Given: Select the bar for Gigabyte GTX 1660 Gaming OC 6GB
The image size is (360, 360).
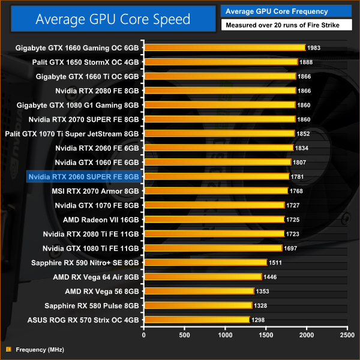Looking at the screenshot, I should coord(224,47).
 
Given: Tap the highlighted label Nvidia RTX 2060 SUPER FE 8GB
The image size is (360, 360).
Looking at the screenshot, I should coord(83,176).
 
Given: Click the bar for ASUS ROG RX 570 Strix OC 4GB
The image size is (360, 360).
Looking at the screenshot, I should coord(196,320).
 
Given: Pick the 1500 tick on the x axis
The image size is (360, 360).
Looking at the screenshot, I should coord(266,335).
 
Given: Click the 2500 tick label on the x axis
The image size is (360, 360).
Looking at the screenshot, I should coord(347,335).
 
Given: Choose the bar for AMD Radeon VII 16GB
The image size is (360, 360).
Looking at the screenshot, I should coord(214,220).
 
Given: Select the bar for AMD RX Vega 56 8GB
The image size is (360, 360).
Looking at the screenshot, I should coord(199,291).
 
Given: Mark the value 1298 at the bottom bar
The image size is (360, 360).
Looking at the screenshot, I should coord(259,320).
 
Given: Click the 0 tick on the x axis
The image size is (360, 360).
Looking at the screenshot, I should coord(143,335).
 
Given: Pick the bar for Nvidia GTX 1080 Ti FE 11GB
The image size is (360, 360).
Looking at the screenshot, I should coord(212,248).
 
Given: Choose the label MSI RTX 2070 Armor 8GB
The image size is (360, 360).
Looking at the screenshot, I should coord(96,191).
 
